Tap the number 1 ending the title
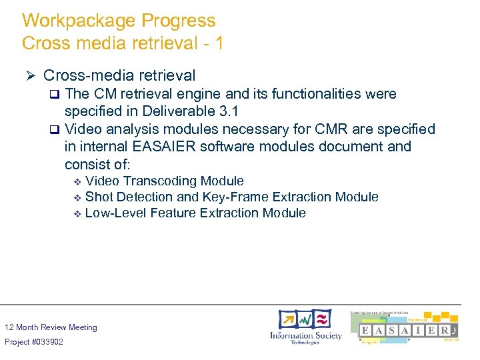(218, 43)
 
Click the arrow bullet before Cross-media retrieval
(29, 76)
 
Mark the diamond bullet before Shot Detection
(77, 197)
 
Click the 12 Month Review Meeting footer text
(51, 327)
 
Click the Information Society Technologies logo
(305, 327)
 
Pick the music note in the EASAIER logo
(453, 331)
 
